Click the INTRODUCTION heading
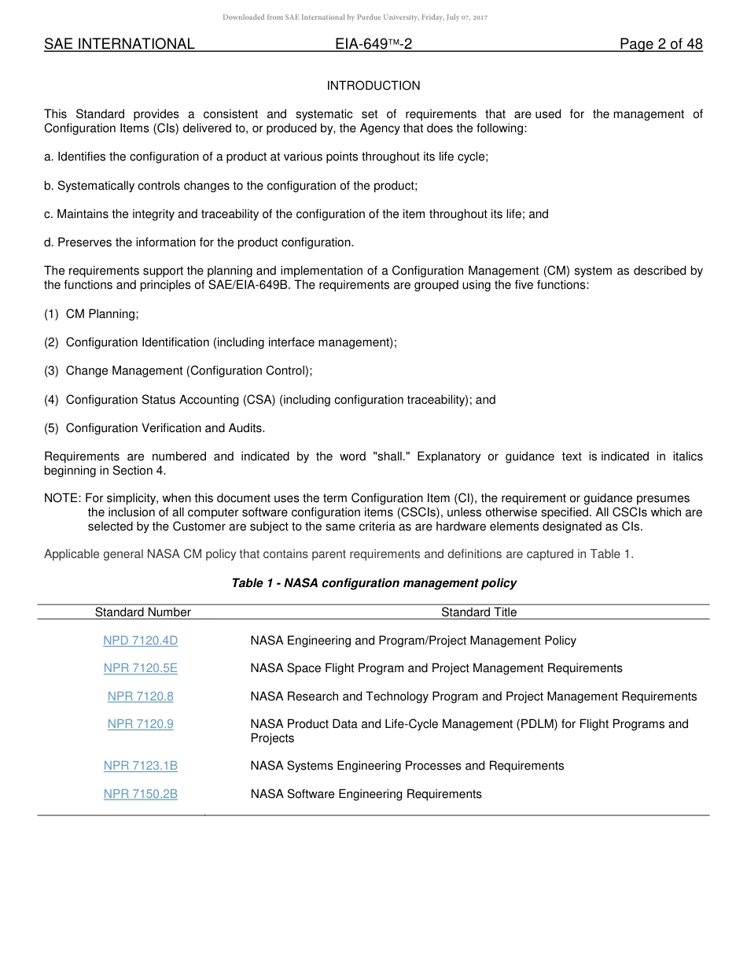click(373, 86)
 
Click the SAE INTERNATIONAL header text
click(119, 44)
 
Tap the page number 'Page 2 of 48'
click(661, 44)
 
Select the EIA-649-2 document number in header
click(373, 44)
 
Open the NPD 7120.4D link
click(141, 641)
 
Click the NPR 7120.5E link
click(141, 668)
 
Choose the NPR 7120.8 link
click(141, 696)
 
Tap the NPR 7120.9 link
click(141, 724)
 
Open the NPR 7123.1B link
click(141, 766)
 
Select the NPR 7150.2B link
click(141, 794)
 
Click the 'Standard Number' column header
click(143, 612)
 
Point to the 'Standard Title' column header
click(479, 612)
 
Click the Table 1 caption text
click(373, 583)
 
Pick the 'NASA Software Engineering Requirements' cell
click(366, 794)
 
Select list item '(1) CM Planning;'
click(91, 314)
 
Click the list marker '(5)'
click(51, 428)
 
